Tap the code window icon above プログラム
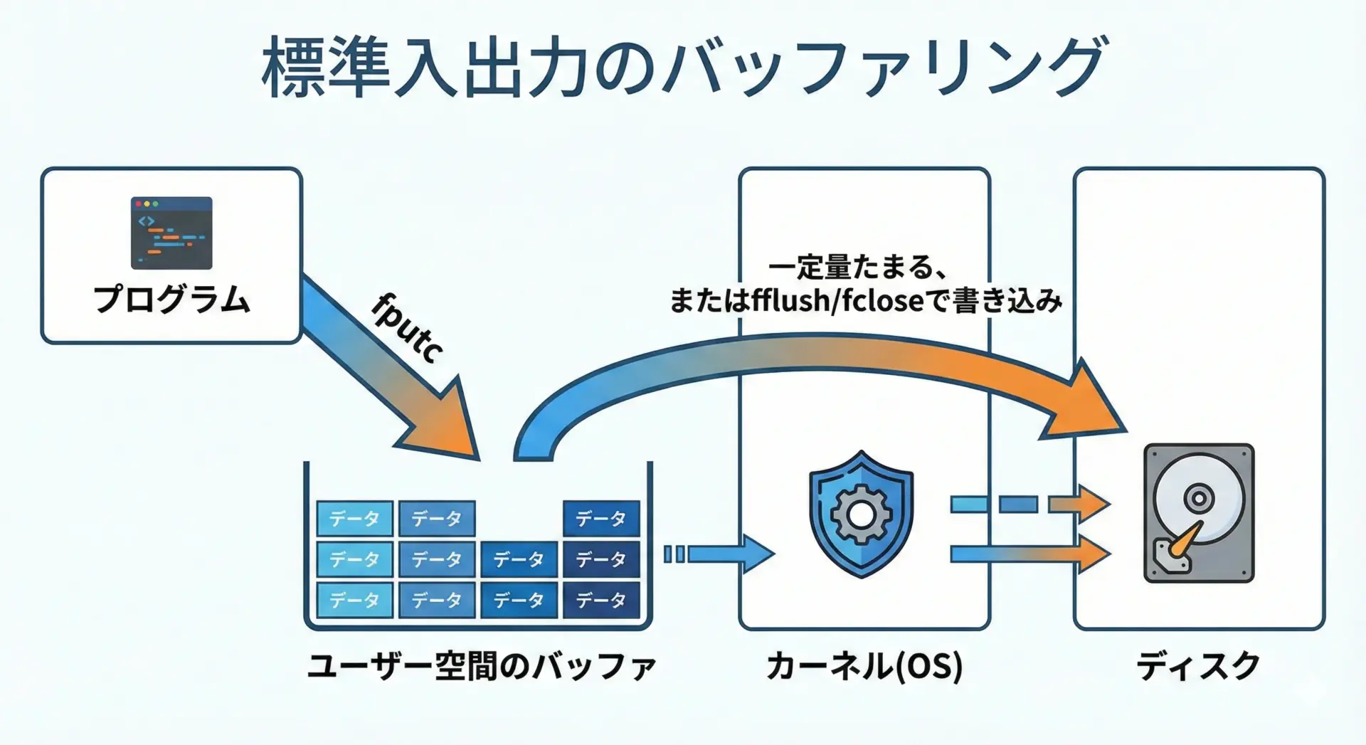pyautogui.click(x=171, y=233)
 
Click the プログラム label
pyautogui.click(x=171, y=300)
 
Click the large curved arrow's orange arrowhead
pyautogui.click(x=1085, y=406)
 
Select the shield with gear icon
pyautogui.click(x=862, y=513)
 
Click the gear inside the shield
pyautogui.click(x=861, y=514)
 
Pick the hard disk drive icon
pyautogui.click(x=1199, y=513)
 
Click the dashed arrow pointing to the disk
pyautogui.click(x=1029, y=504)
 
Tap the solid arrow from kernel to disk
pyautogui.click(x=1029, y=554)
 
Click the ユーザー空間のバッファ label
pyautogui.click(x=481, y=667)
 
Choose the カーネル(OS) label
pyautogui.click(x=864, y=667)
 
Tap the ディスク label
pyautogui.click(x=1198, y=667)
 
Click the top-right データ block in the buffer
pyautogui.click(x=601, y=518)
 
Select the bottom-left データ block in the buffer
pyautogui.click(x=354, y=601)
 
